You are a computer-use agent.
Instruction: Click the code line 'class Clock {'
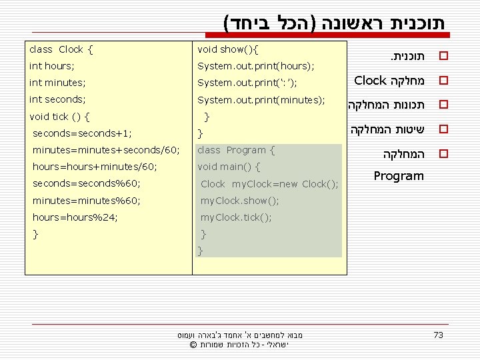(61, 49)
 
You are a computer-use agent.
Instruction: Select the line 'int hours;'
(52, 66)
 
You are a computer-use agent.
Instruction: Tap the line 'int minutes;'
(56, 83)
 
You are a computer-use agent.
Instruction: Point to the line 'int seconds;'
(57, 99)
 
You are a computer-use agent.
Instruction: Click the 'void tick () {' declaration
(60, 116)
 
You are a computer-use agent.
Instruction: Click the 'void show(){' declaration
(228, 49)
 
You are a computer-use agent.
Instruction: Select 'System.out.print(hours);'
(255, 66)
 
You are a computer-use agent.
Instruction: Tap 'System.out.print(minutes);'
(261, 99)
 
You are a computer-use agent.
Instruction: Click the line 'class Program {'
(236, 150)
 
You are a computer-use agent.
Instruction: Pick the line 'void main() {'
(229, 167)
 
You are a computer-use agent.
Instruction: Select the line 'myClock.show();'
(239, 201)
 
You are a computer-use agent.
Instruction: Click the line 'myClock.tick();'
(236, 217)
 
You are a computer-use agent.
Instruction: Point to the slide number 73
(438, 335)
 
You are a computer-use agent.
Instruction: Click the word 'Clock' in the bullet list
(370, 81)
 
